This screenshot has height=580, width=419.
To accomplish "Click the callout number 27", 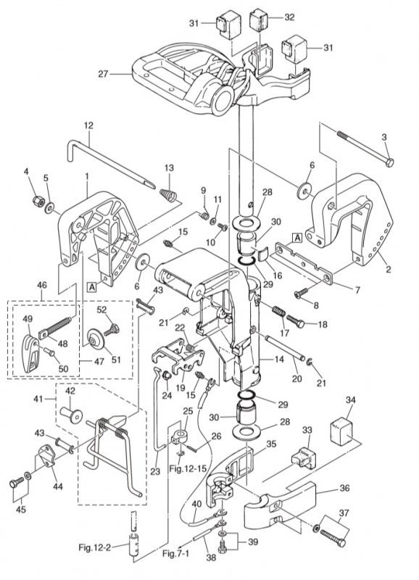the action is coord(103,74).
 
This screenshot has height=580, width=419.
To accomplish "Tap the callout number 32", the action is coord(289,17).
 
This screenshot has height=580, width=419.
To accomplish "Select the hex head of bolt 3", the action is coord(389,162).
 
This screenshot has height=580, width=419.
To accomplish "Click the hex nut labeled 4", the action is coord(38,201).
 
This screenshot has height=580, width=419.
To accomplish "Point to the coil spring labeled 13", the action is coord(169,194).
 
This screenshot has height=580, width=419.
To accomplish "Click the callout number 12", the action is coord(88,125).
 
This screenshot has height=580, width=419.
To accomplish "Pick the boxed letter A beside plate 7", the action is coord(297,237).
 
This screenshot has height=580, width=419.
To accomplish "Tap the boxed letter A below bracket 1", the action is coord(91,286).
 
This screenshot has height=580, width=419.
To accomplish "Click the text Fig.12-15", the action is coord(188,468).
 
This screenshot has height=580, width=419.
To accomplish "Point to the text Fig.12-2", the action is coord(95,547).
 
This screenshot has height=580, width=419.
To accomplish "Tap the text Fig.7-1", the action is coord(175,553).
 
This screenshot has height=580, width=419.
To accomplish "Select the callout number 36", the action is coord(344,488).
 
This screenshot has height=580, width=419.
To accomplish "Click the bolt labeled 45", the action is coord(16,482).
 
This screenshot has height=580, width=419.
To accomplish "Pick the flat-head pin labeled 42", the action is coord(71,415).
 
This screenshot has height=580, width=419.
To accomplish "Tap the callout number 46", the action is coord(42,285).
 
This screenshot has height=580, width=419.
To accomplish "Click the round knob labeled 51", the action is coord(96,339).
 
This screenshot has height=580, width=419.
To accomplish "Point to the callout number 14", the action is coord(279,358).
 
